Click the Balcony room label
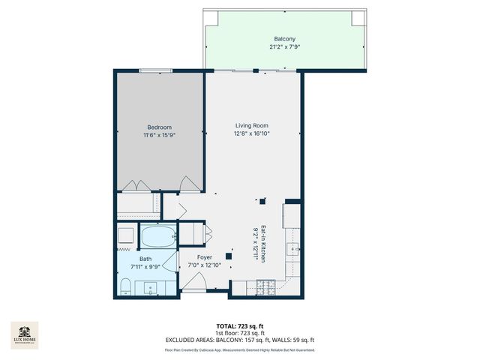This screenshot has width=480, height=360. click(x=284, y=38)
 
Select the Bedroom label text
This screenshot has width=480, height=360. click(x=159, y=127)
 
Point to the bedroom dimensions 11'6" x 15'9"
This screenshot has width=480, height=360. click(x=159, y=135)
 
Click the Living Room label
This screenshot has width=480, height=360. click(x=252, y=125)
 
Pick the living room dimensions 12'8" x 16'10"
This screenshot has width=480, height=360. click(x=252, y=133)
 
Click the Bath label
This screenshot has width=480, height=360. click(x=145, y=259)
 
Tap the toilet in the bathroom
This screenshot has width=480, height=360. click(x=126, y=285)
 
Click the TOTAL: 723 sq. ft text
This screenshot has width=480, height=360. click(x=239, y=325)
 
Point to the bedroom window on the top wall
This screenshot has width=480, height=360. click(x=159, y=71)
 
